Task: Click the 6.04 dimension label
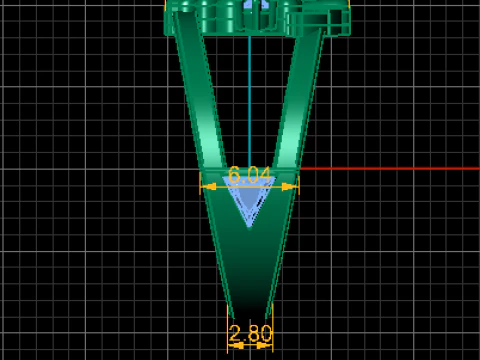click(250, 175)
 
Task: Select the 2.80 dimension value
click(250, 333)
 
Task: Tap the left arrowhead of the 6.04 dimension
click(209, 187)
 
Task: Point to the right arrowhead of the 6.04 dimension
click(290, 187)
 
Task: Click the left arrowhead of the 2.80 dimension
click(236, 346)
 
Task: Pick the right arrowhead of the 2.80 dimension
click(265, 346)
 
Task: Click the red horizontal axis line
click(390, 169)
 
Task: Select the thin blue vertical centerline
click(250, 100)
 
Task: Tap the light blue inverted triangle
click(249, 197)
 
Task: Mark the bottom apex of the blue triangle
click(249, 227)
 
